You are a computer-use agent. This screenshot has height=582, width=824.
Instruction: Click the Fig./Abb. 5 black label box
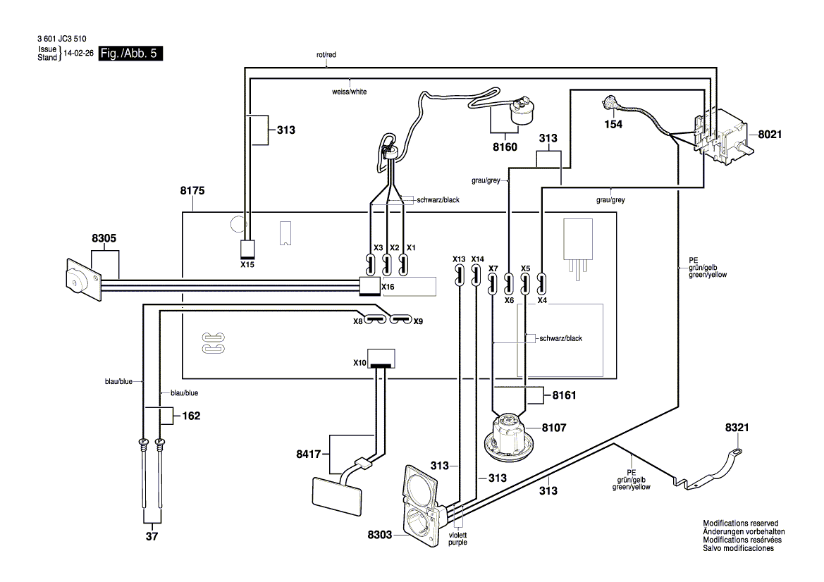click(x=131, y=54)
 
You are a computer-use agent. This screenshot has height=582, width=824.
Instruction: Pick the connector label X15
click(x=247, y=265)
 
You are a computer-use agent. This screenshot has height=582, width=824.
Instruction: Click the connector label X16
click(x=388, y=287)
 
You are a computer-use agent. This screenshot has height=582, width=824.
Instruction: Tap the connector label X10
click(x=360, y=363)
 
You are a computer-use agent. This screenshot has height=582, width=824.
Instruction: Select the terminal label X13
click(x=459, y=259)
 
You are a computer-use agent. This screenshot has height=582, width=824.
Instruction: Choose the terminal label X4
click(x=542, y=300)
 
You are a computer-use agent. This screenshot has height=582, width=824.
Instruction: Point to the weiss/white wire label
click(x=349, y=92)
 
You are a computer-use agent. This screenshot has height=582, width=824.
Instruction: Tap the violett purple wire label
click(x=457, y=538)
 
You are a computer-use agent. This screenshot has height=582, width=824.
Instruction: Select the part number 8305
click(x=104, y=239)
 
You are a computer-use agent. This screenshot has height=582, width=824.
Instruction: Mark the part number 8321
click(x=739, y=427)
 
